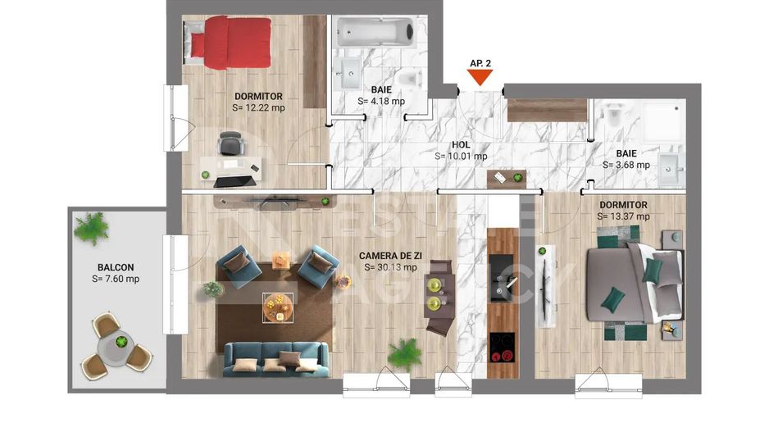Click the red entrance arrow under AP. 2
point(480,78)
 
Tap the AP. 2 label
point(480,62)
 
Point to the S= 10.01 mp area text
point(461,156)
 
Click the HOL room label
point(461,144)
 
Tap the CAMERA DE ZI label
point(388,256)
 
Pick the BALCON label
point(116,267)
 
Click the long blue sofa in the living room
point(275,359)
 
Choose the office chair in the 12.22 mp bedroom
point(230,143)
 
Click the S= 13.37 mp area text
point(624,216)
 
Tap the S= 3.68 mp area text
point(626,165)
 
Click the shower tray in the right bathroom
point(662,121)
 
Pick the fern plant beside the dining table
point(403,352)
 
